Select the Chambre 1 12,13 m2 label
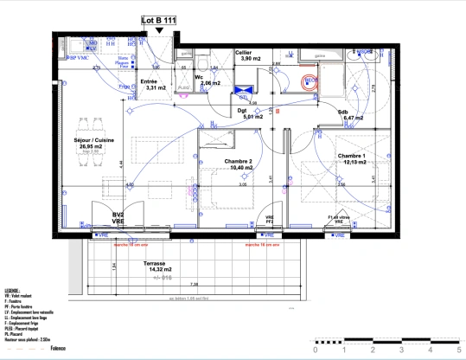tap(352, 159)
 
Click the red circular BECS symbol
tap(309, 82)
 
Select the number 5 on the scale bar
tap(456, 351)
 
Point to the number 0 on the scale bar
tap(316, 351)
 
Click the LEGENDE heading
tap(13, 292)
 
